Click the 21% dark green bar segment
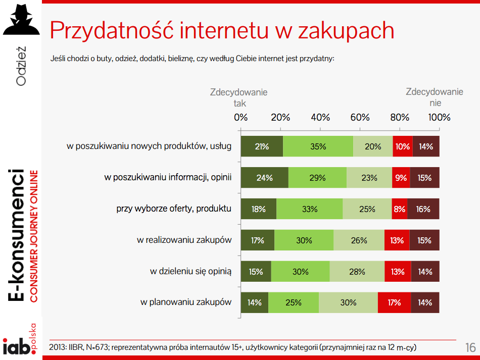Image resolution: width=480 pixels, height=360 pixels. [x=262, y=146]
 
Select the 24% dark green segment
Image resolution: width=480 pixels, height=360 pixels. [x=264, y=178]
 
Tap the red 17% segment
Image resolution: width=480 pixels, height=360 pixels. [x=394, y=302]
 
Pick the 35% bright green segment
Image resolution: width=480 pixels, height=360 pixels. [x=318, y=146]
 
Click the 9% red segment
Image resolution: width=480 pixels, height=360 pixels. [x=401, y=178]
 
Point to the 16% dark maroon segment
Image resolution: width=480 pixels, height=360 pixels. [x=423, y=209]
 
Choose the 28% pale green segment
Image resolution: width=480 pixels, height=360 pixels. [x=357, y=272]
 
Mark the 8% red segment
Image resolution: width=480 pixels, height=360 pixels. [x=399, y=209]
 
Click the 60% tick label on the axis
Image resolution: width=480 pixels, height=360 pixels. [x=360, y=118]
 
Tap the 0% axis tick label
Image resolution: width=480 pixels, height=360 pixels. [x=241, y=118]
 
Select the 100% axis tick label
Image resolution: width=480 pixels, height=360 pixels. [x=439, y=118]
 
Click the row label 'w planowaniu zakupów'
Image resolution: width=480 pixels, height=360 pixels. [x=186, y=302]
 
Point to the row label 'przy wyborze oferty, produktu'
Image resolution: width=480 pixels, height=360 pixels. [x=174, y=209]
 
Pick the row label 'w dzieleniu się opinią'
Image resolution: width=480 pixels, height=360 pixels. [x=190, y=272]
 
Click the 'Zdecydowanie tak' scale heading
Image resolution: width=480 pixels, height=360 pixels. [x=239, y=97]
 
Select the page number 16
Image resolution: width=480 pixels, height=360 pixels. [x=470, y=348]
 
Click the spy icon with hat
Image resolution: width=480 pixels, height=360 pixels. [x=21, y=20]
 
